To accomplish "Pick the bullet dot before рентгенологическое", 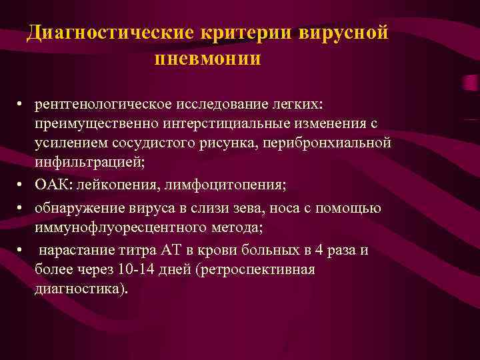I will (21, 107).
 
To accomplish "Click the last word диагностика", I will (79, 289).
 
